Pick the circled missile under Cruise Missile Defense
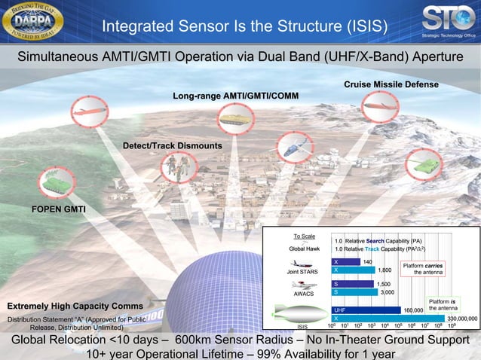click(x=381, y=107)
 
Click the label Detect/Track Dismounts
click(x=172, y=145)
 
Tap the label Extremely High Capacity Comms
click(x=75, y=307)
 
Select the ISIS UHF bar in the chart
click(x=366, y=310)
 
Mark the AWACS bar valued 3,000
click(x=354, y=291)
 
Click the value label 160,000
click(x=413, y=310)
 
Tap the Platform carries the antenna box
click(x=423, y=269)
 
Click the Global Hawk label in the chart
click(x=305, y=248)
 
